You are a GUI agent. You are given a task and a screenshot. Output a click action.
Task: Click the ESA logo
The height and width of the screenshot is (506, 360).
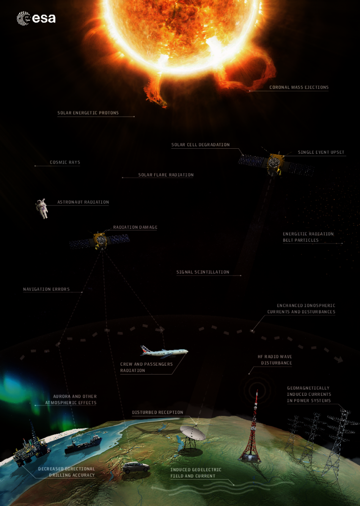[36, 18]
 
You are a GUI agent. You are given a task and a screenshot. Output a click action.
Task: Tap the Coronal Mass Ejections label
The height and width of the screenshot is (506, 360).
[299, 87]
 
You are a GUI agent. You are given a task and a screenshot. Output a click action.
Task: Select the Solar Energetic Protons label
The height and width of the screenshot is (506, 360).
[88, 113]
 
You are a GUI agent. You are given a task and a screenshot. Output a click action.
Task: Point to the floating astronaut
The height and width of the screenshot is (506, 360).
[42, 209]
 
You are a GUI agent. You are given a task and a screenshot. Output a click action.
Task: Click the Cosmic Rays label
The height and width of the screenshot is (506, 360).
[65, 162]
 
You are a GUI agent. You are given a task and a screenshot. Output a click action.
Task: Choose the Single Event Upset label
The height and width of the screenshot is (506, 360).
[321, 152]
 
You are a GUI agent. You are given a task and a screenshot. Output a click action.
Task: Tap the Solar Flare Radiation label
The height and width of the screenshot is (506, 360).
[166, 175]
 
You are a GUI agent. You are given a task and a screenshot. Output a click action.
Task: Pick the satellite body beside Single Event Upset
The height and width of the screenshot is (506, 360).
[275, 163]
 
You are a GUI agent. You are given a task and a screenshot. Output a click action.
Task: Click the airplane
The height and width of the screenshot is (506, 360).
[164, 351]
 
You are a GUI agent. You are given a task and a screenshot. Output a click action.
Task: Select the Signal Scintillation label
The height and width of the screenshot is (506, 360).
[203, 272]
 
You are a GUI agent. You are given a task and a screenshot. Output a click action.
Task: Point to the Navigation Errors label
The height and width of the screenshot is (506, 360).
[46, 289]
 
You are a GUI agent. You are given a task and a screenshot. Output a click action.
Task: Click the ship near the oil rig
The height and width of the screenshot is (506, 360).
[83, 444]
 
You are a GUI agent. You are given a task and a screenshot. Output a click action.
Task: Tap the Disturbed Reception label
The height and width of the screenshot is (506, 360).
[158, 413]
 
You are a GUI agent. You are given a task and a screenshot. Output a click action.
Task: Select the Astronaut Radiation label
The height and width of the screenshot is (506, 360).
[83, 202]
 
